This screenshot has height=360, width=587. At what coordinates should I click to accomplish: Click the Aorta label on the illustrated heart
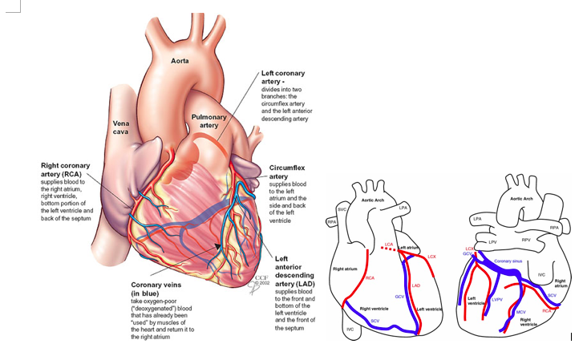tap(180, 60)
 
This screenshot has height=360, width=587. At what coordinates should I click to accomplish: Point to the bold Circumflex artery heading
tap(288, 171)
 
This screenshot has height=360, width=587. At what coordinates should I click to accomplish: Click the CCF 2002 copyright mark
tap(261, 281)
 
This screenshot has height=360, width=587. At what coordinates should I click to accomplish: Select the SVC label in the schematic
tap(342, 208)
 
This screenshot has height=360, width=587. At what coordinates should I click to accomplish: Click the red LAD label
tap(415, 285)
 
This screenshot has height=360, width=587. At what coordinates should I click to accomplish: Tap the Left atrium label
tap(409, 249)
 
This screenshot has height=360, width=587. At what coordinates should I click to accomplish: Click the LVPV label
tap(496, 300)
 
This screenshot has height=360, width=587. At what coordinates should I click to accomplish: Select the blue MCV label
tap(521, 311)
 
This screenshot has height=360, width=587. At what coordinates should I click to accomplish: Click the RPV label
tap(527, 240)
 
